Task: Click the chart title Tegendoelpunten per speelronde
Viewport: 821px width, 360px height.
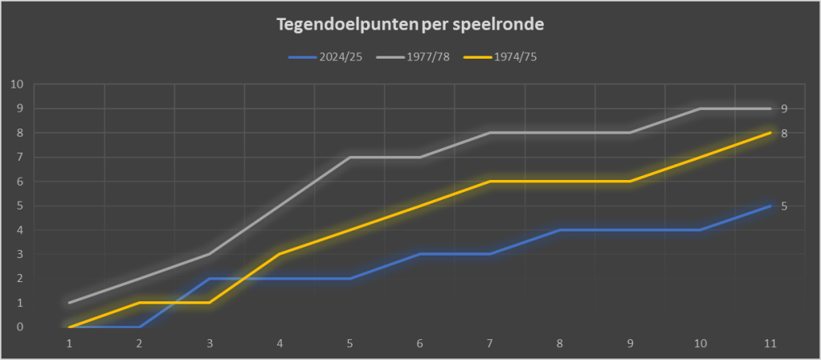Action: point(410,25)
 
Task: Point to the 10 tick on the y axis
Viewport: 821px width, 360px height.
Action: point(17,84)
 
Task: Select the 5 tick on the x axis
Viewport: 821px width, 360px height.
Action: point(350,343)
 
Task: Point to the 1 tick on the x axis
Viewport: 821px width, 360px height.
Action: point(70,343)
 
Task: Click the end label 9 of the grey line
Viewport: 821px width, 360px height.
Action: point(784,108)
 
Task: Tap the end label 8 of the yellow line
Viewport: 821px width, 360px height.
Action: point(784,133)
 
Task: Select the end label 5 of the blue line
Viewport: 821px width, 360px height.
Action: point(784,206)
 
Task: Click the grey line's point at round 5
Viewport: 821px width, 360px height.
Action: point(350,157)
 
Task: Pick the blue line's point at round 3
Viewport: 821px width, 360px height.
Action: point(210,279)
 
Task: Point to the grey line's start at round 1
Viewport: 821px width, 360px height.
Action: point(70,303)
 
